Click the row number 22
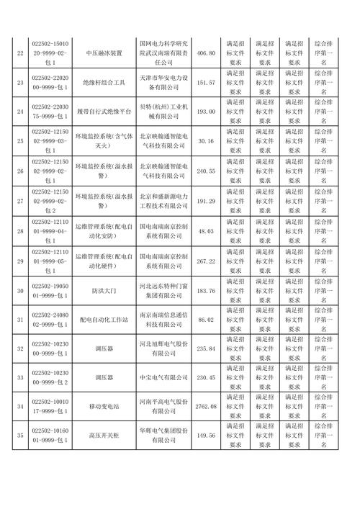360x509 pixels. (x=19, y=54)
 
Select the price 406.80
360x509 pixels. (x=206, y=54)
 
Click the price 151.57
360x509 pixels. (x=206, y=84)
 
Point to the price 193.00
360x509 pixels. (x=206, y=113)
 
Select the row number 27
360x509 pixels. (x=19, y=202)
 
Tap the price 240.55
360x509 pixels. (x=206, y=172)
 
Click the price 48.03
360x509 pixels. (x=206, y=231)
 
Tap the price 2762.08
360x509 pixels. (x=206, y=407)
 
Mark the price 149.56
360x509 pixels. (x=206, y=436)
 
